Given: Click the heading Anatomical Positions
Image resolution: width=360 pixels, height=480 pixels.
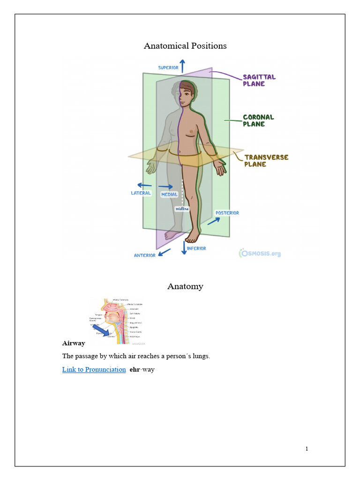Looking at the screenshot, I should click(185, 46).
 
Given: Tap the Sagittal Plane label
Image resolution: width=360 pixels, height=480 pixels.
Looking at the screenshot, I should click(259, 80).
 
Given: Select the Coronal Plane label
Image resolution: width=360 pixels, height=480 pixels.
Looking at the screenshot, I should click(258, 120).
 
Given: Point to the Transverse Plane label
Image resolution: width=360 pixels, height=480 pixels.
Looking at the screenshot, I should click(266, 161).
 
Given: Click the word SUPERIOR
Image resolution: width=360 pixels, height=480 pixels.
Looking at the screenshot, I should click(168, 67).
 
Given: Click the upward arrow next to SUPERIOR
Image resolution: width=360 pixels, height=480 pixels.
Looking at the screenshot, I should click(182, 65).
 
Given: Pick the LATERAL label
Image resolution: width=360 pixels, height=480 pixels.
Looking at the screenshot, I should click(141, 193).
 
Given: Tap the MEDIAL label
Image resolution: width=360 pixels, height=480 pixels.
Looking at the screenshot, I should click(169, 194).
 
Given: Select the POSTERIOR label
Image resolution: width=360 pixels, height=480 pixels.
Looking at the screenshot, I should click(227, 213).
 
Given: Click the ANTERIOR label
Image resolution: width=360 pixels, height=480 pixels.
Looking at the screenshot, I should click(145, 255).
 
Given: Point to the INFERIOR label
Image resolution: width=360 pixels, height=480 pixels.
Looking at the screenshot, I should click(196, 248).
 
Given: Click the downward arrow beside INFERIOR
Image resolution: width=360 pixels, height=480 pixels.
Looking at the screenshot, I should click(184, 247).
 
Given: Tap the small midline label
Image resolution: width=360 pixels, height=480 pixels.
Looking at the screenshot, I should click(182, 209).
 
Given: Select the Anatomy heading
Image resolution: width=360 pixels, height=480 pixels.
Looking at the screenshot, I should click(185, 286).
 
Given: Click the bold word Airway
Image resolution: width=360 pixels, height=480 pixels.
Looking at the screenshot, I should click(74, 344).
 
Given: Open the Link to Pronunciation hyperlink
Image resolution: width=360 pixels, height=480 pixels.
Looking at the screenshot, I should click(94, 369).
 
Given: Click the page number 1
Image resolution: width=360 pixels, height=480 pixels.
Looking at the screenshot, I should click(307, 449).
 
